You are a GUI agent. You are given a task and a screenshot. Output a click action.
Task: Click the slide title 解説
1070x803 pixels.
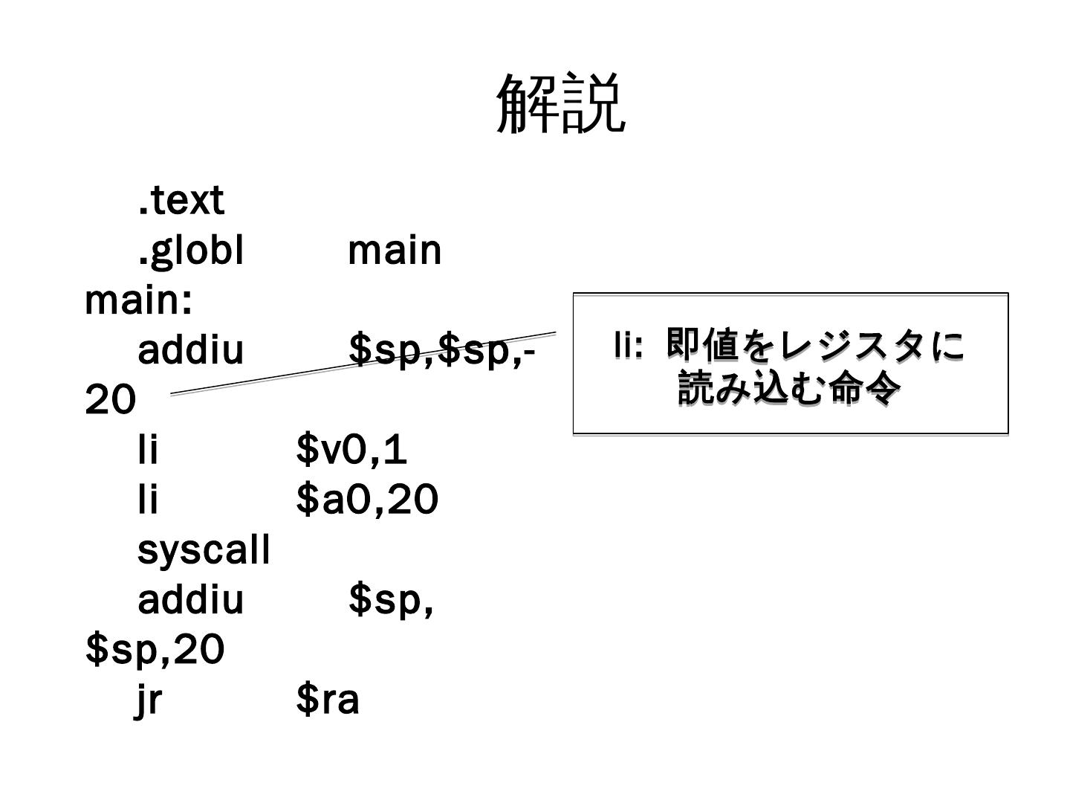coord(560,103)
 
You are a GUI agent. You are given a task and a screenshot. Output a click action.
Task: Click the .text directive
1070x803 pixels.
coord(181,201)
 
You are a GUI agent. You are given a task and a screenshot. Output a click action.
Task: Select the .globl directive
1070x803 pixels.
coord(191,251)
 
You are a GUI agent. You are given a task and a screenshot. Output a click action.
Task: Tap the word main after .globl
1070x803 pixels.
coord(395,251)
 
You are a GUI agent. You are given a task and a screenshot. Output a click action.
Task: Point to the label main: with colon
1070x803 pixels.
coord(139,300)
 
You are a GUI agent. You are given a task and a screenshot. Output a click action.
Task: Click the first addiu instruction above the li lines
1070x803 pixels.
coord(191,350)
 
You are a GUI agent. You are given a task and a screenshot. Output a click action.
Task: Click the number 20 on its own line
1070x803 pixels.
coord(111,400)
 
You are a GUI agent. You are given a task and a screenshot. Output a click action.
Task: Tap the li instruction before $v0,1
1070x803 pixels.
coord(148,450)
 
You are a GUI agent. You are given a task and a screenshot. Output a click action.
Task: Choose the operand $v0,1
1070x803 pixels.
coord(351,450)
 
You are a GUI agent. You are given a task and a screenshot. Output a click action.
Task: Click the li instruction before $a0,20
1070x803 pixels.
coord(148,500)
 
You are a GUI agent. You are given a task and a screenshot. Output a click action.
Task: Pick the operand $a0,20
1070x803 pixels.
coord(367,500)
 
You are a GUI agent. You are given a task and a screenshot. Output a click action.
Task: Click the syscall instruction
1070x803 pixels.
coord(204,550)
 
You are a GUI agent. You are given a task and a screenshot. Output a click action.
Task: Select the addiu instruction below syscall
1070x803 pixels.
coord(191,600)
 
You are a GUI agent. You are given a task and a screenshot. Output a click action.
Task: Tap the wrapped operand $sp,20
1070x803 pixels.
coord(155,650)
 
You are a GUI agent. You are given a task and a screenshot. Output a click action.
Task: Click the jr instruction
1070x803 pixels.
coord(149,700)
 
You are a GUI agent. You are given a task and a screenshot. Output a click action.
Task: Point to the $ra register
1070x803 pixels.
coord(328,700)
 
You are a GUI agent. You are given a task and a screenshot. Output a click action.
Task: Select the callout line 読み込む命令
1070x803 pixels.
coord(789,388)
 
